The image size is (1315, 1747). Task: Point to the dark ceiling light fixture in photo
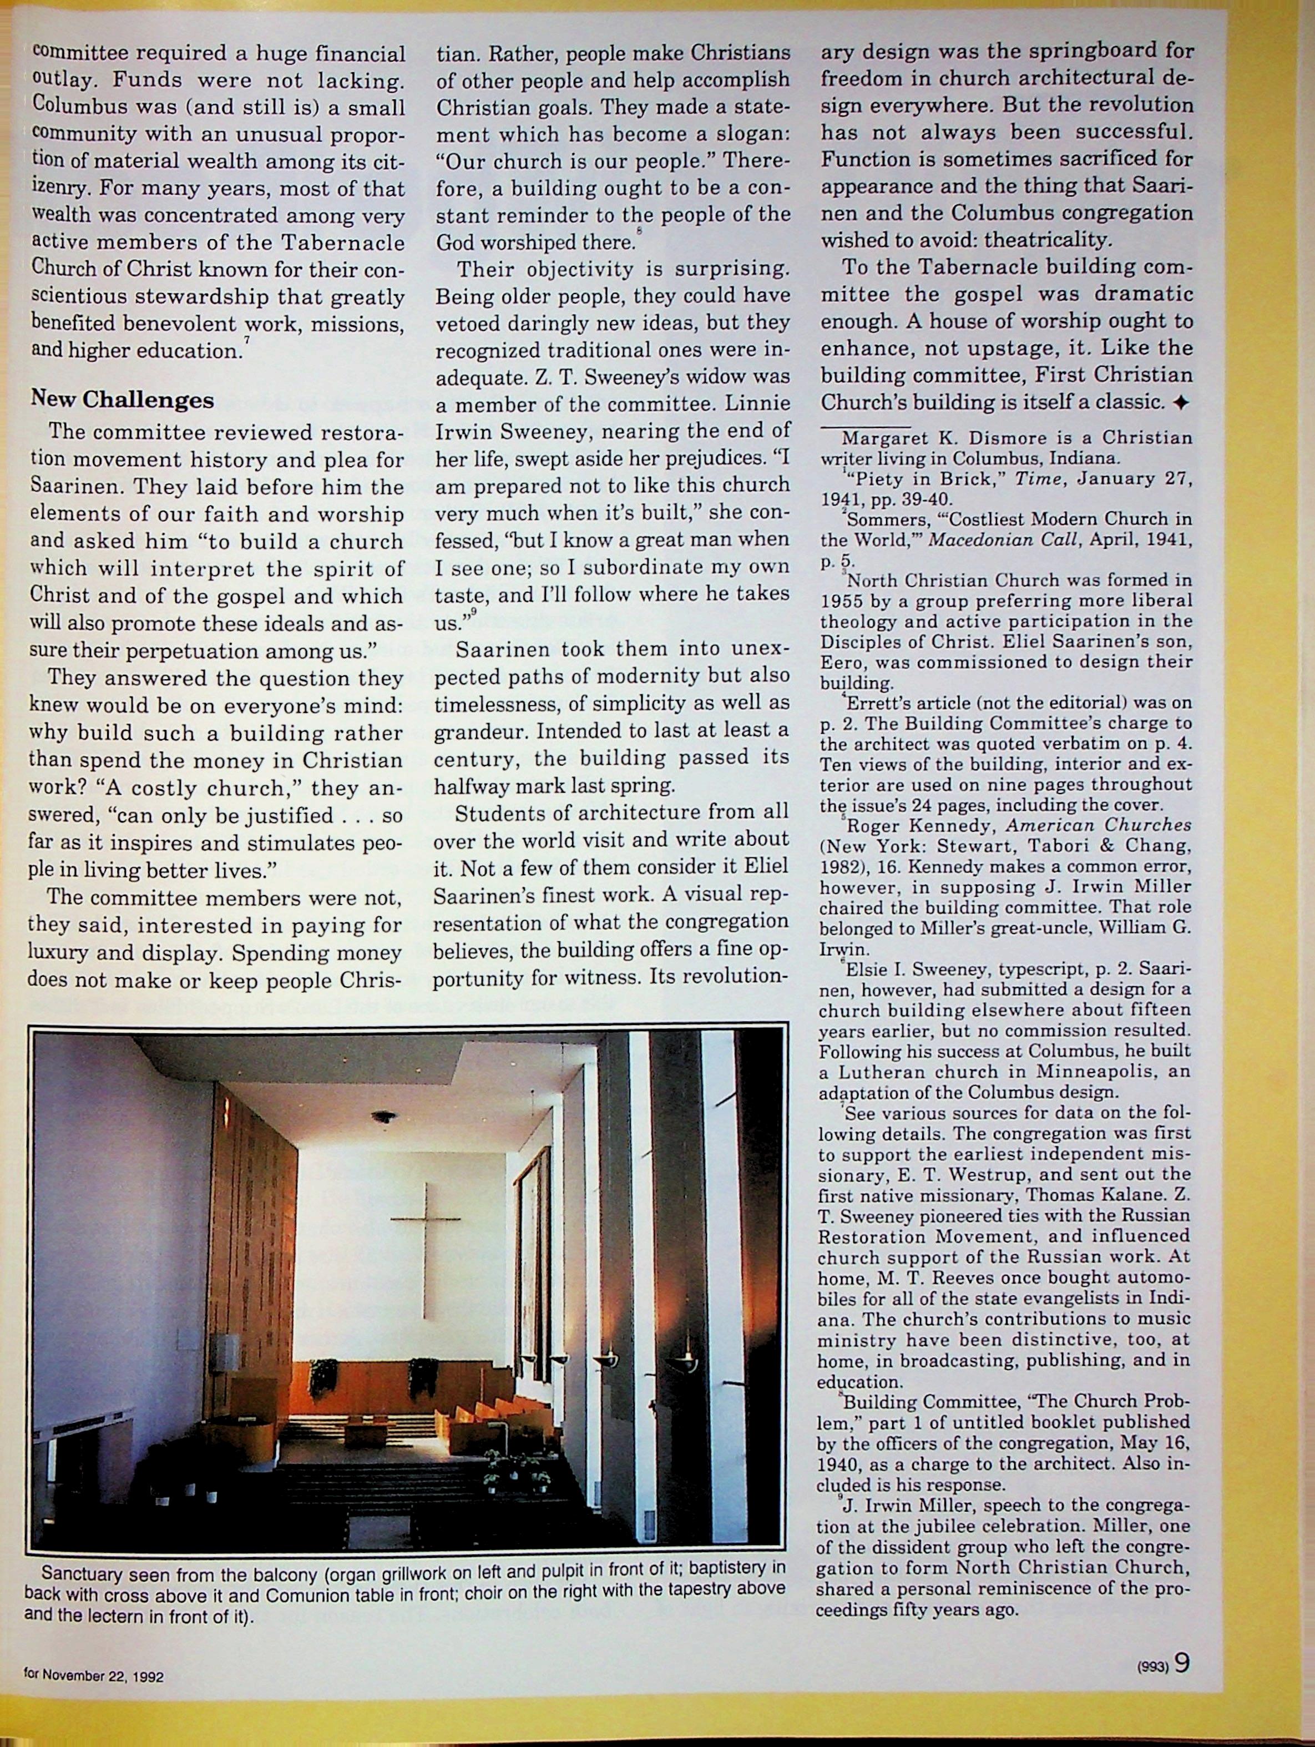click(385, 1118)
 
